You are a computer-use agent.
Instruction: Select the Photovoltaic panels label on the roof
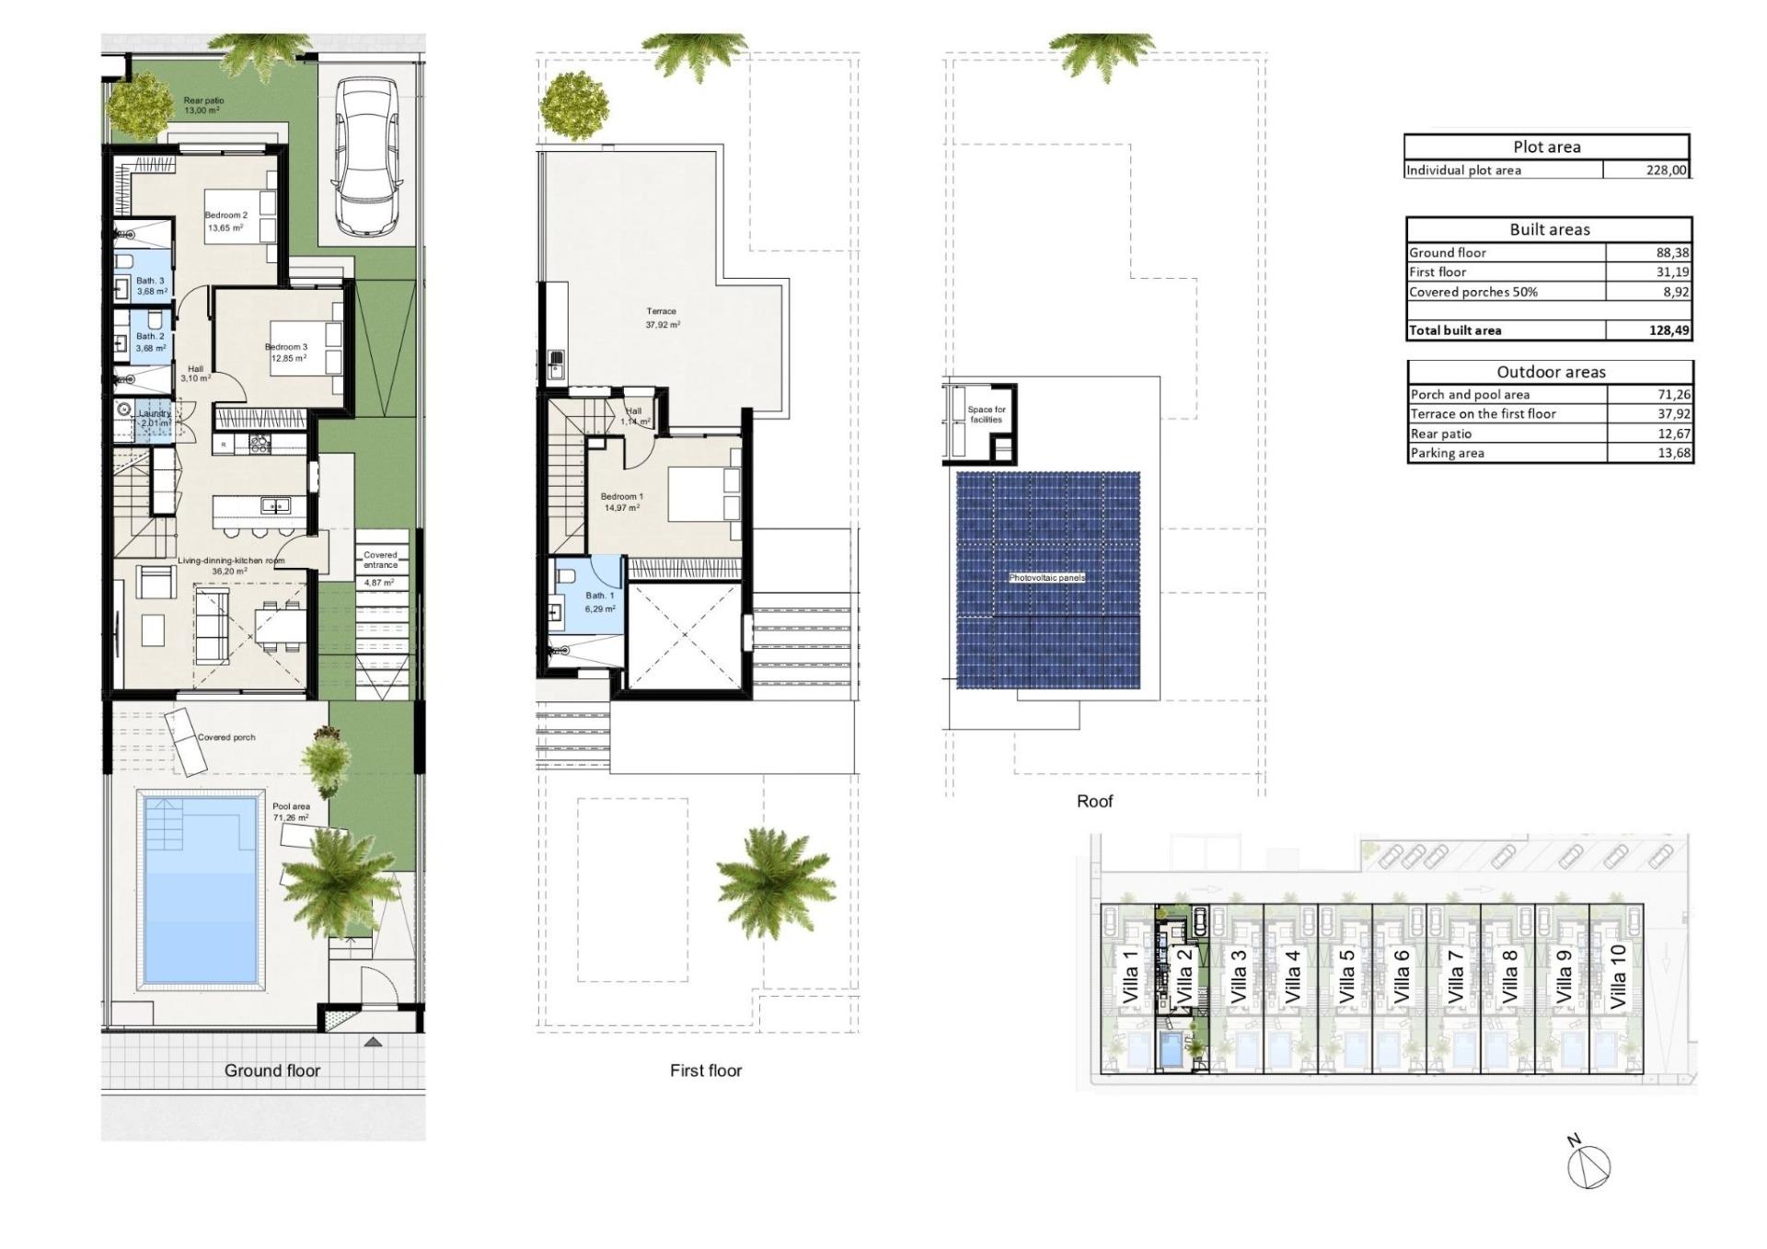[1047, 578]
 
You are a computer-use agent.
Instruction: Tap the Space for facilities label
[986, 414]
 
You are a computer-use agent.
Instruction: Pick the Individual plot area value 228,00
[1666, 170]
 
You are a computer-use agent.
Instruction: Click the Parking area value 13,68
[1672, 453]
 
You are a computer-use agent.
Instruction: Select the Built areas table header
[1549, 229]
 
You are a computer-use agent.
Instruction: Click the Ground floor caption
[272, 1070]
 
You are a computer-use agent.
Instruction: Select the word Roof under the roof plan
[1094, 802]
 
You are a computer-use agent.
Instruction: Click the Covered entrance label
[380, 561]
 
